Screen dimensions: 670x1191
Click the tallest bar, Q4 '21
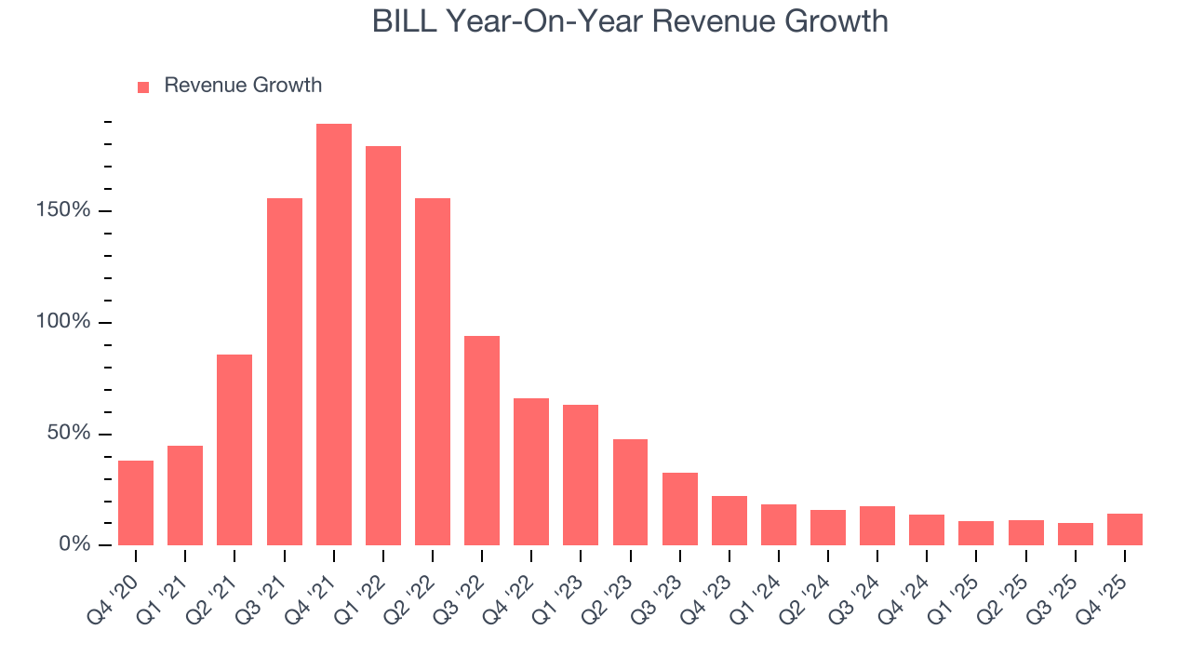point(333,334)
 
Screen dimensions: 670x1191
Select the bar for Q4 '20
point(136,502)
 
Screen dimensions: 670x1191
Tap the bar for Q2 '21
point(234,449)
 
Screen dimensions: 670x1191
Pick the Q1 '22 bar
point(383,345)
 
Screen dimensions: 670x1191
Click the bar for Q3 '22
point(482,440)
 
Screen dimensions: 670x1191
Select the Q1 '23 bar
point(581,475)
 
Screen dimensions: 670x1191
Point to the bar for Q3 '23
point(679,509)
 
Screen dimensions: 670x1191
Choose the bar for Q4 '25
point(1124,529)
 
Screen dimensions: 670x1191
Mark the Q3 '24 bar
point(877,526)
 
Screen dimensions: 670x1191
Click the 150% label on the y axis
point(64,210)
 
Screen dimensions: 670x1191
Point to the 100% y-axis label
point(64,322)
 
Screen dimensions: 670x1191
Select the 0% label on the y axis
point(74,544)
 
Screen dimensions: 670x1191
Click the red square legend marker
point(143,87)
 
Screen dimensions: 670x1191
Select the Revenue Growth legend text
point(243,86)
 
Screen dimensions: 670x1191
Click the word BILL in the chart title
point(407,21)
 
